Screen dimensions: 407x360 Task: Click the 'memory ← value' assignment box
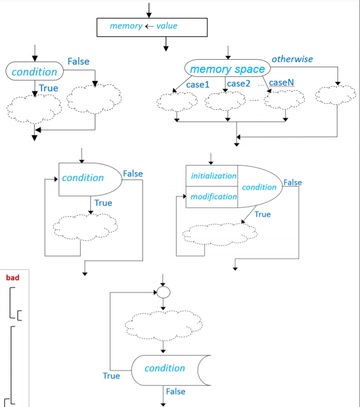tap(151, 27)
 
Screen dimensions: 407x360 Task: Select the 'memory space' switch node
tap(227, 69)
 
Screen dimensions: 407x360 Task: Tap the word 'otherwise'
tap(292, 59)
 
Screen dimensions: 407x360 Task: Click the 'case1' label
tap(198, 84)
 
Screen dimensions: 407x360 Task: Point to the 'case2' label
tap(238, 84)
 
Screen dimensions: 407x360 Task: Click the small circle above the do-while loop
tap(163, 292)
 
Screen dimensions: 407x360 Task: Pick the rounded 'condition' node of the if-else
tap(34, 72)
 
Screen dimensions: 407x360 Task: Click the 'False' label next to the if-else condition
tap(78, 62)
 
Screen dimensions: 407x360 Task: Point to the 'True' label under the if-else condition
tap(49, 88)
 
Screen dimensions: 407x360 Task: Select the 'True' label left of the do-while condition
tap(111, 375)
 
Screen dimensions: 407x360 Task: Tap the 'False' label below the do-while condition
tap(175, 391)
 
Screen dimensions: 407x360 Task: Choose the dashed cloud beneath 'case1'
tap(176, 102)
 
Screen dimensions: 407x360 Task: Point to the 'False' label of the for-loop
tap(292, 182)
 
